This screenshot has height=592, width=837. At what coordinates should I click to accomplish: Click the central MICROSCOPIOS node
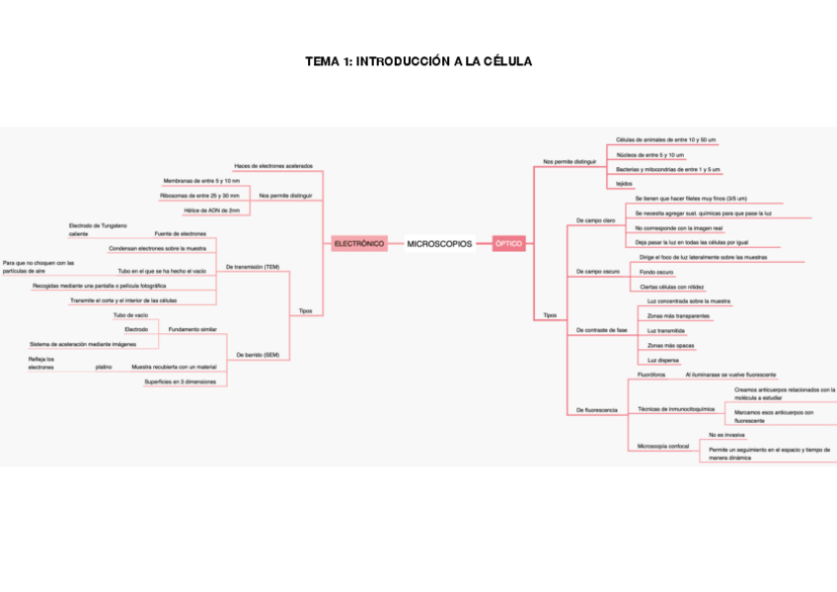click(439, 243)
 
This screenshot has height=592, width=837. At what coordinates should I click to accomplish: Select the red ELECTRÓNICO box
click(358, 243)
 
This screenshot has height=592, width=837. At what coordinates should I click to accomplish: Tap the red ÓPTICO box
click(509, 243)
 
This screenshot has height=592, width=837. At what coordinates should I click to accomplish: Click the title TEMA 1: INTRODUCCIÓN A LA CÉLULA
click(418, 61)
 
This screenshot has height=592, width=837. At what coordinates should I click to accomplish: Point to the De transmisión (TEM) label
click(253, 267)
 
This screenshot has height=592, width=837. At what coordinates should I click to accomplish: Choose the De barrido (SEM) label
click(258, 354)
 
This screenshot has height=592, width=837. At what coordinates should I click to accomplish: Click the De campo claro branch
click(595, 219)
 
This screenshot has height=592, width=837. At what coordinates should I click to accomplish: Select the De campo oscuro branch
click(598, 271)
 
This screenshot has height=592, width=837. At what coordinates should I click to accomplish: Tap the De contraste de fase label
click(602, 330)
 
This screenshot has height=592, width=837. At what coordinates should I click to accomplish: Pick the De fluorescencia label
click(597, 409)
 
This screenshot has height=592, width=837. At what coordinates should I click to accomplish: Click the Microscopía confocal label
click(663, 447)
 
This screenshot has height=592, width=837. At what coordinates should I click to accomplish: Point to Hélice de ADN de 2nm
click(212, 211)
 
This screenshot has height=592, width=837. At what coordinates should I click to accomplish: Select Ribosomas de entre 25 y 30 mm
click(199, 196)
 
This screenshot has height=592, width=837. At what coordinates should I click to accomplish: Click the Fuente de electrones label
click(180, 233)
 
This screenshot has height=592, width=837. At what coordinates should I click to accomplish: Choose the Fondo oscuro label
click(656, 271)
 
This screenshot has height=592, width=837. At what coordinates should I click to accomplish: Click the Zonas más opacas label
click(670, 346)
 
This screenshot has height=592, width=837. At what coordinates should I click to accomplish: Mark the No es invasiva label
click(726, 435)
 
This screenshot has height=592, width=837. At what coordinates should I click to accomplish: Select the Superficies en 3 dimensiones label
click(180, 381)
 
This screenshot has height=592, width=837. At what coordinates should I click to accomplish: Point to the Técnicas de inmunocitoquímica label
click(676, 408)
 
